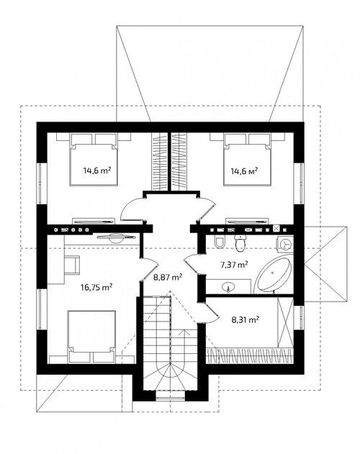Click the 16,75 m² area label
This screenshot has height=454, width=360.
96,287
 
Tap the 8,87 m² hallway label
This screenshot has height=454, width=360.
168,278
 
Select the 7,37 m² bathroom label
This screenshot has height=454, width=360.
234,264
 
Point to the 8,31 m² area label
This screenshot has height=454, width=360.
246,319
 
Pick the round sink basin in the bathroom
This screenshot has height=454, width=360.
229,287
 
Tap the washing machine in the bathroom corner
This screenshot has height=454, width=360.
285,244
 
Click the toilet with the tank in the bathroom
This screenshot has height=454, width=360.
240,243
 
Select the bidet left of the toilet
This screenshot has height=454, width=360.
220,242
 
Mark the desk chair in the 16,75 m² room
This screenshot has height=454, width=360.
71,264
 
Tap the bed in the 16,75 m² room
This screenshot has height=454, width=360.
91,337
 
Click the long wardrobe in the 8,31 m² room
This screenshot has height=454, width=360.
249,355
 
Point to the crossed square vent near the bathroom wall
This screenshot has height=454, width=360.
277,229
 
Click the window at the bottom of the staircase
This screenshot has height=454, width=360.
171,396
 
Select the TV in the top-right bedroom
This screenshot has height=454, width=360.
247,222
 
